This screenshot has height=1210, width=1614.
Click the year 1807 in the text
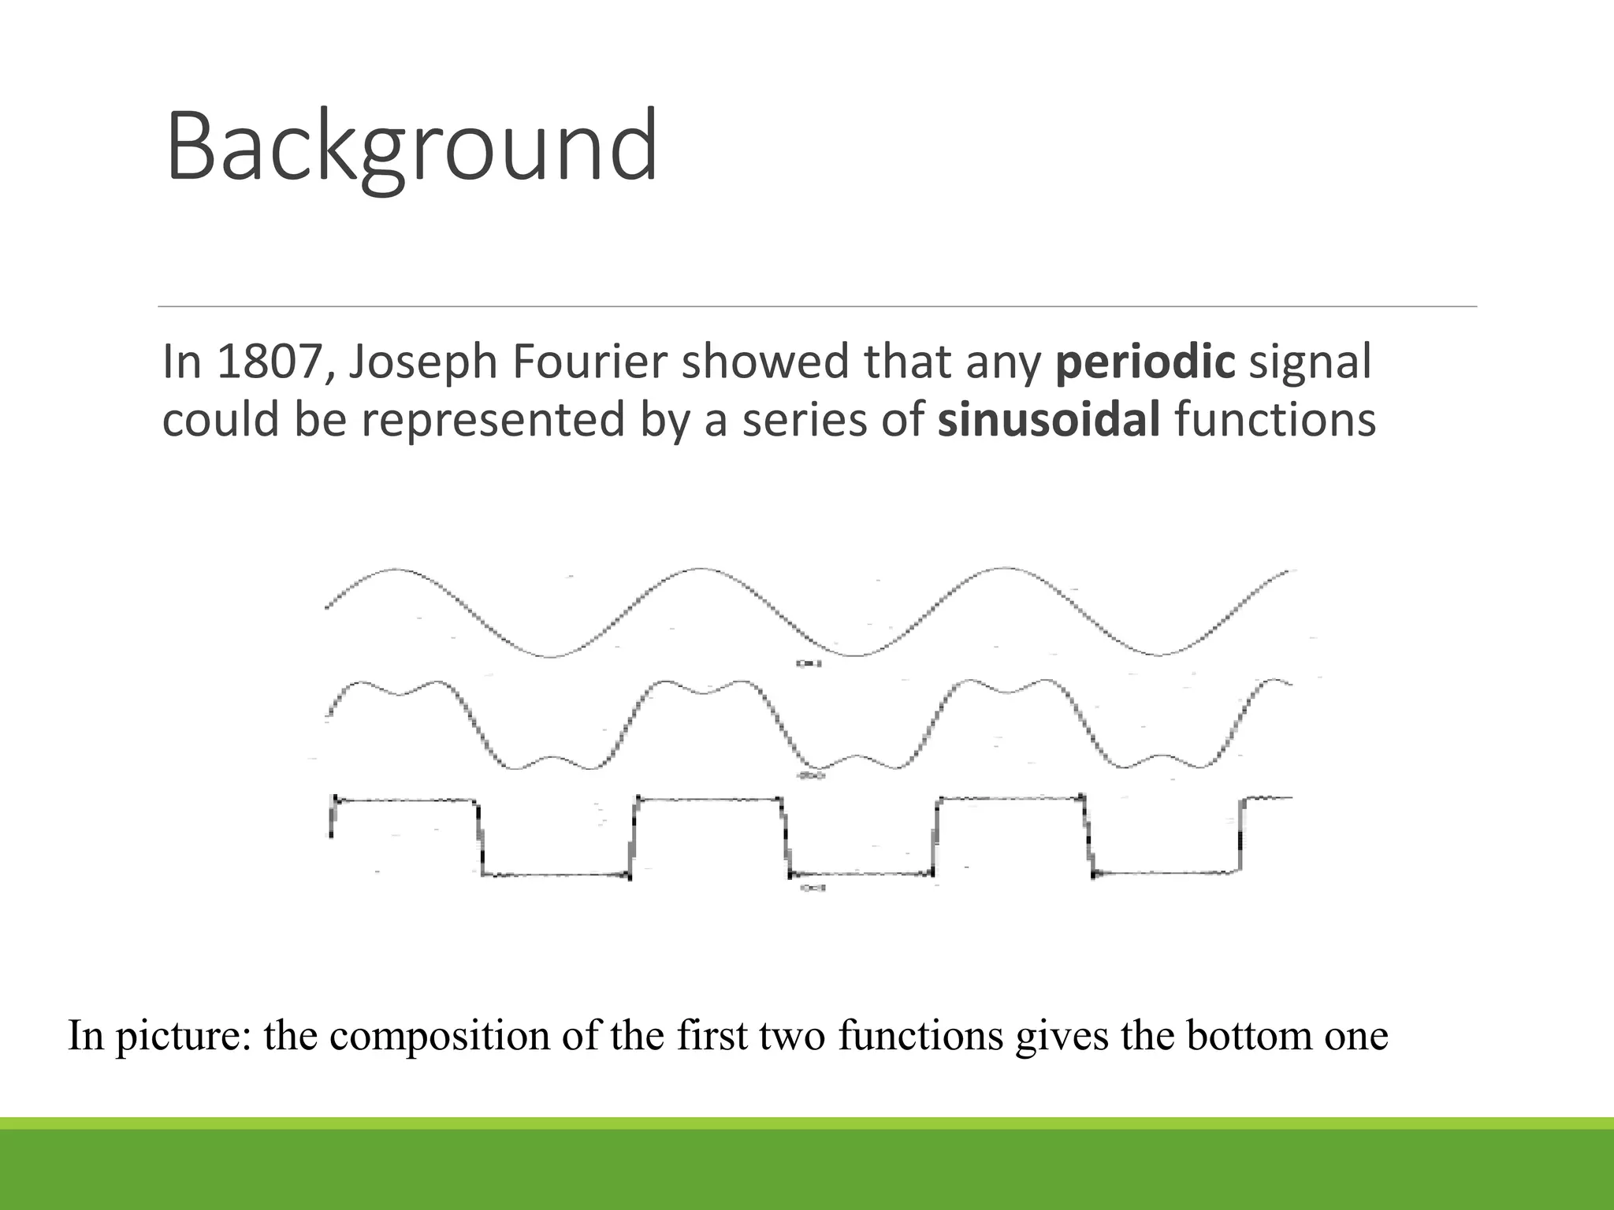pos(266,362)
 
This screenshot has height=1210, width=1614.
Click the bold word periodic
pos(1145,362)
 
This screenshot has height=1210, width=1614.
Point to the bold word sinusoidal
pos(1048,419)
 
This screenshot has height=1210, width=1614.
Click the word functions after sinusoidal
pos(1274,419)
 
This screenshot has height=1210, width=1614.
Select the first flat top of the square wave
pos(406,800)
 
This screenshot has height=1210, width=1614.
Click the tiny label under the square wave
pos(813,888)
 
